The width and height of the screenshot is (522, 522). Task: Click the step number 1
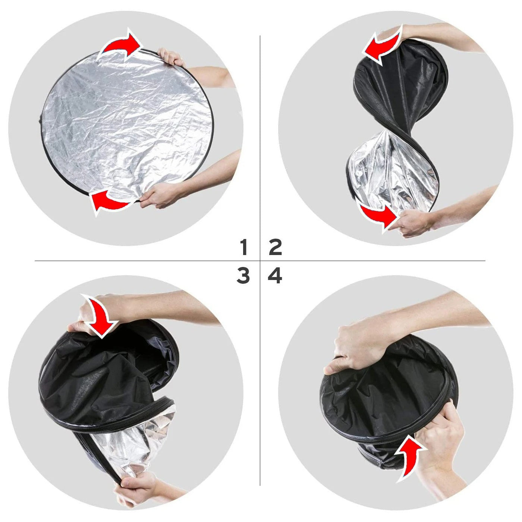pyautogui.click(x=244, y=248)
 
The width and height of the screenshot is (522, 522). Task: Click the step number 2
pyautogui.click(x=275, y=248)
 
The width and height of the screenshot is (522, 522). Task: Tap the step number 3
pyautogui.click(x=243, y=276)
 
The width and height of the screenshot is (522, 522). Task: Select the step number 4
pyautogui.click(x=275, y=276)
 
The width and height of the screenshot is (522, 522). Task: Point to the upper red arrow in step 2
pyautogui.click(x=382, y=45)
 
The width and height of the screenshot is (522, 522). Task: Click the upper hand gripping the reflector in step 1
pyautogui.click(x=170, y=58)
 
